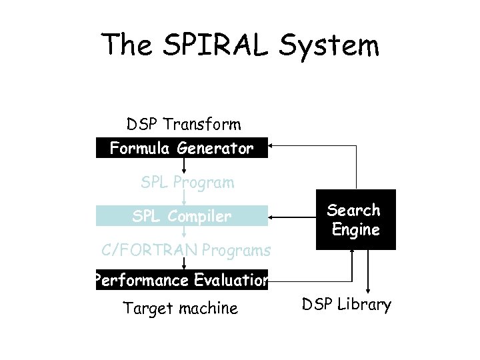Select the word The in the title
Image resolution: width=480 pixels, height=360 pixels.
point(131,45)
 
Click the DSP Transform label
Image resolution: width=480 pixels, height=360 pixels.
point(184,125)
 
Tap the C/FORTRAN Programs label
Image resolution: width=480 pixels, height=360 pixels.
point(186,251)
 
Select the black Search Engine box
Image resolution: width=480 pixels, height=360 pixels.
point(354,220)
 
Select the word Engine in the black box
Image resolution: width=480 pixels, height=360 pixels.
point(354,231)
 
